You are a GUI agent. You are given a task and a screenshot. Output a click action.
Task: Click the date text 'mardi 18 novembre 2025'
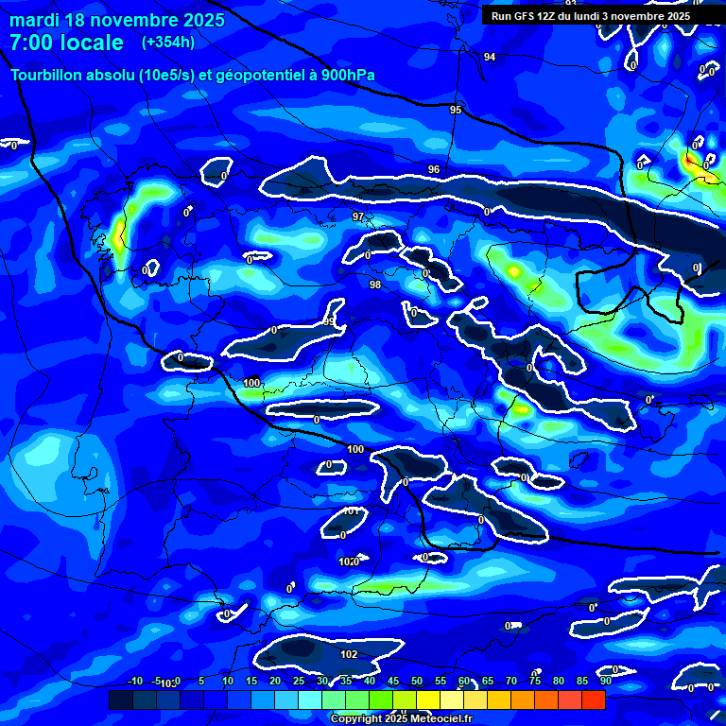pyautogui.click(x=117, y=20)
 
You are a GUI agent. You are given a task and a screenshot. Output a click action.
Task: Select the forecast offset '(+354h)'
pyautogui.click(x=169, y=43)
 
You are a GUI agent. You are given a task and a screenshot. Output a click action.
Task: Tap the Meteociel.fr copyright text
pyautogui.click(x=400, y=718)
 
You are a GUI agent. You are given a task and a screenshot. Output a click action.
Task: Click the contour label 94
pyautogui.click(x=489, y=58)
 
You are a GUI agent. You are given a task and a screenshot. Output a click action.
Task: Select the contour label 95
pyautogui.click(x=456, y=111)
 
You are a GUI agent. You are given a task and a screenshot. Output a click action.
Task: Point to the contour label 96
pyautogui.click(x=433, y=170)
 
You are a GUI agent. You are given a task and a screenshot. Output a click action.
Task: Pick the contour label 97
pyautogui.click(x=357, y=217)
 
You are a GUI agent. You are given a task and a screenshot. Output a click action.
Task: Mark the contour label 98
pyautogui.click(x=374, y=285)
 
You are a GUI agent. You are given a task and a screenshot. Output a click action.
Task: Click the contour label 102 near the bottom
pyautogui.click(x=349, y=654)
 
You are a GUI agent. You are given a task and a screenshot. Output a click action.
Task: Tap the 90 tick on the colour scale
pyautogui.click(x=605, y=681)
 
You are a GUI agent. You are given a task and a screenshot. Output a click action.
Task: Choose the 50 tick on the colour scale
pyautogui.click(x=417, y=681)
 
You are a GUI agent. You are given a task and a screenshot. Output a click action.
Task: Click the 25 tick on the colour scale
pyautogui.click(x=299, y=681)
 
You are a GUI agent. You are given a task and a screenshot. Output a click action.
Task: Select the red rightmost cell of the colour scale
pyautogui.click(x=593, y=700)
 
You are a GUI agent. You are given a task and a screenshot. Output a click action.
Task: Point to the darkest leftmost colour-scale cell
pyautogui.click(x=120, y=700)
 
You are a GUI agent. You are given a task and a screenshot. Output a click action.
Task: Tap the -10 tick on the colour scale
pyautogui.click(x=135, y=681)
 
